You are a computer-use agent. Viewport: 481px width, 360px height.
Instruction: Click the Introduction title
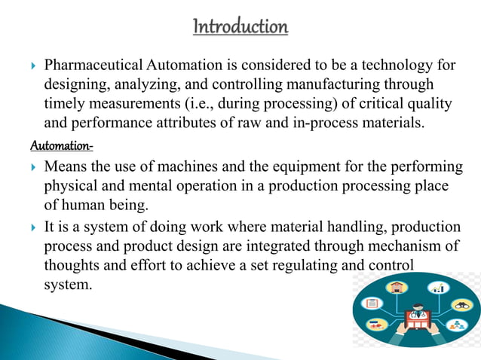pos(240,28)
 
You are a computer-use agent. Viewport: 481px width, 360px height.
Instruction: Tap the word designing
pos(77,85)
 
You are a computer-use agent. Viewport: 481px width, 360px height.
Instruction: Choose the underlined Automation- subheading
pos(62,143)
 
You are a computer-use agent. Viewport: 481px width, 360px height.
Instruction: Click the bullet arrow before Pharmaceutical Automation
pos(32,68)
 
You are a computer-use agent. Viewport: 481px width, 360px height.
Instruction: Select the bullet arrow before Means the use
pos(32,166)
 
